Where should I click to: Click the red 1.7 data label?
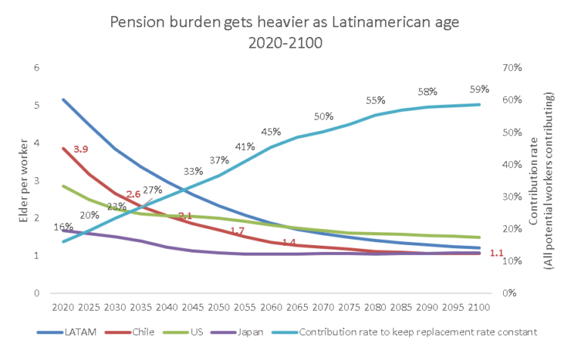[237, 230]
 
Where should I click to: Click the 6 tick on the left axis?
[36, 68]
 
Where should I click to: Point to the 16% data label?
[64, 226]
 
